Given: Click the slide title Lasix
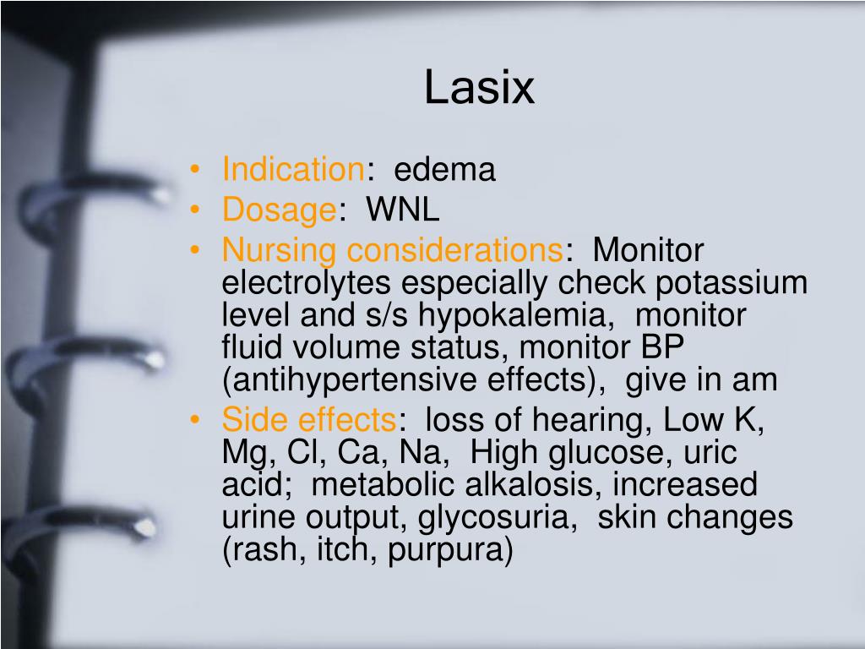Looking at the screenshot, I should coord(479,88).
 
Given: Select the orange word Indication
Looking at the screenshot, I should coord(292,170).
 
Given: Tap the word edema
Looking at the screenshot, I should coord(445,170).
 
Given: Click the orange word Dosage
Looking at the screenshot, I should coord(280,210).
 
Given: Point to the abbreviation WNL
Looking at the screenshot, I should coord(402,210).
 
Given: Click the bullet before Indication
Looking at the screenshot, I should coord(197,170).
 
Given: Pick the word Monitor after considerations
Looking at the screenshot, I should coord(648,251).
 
